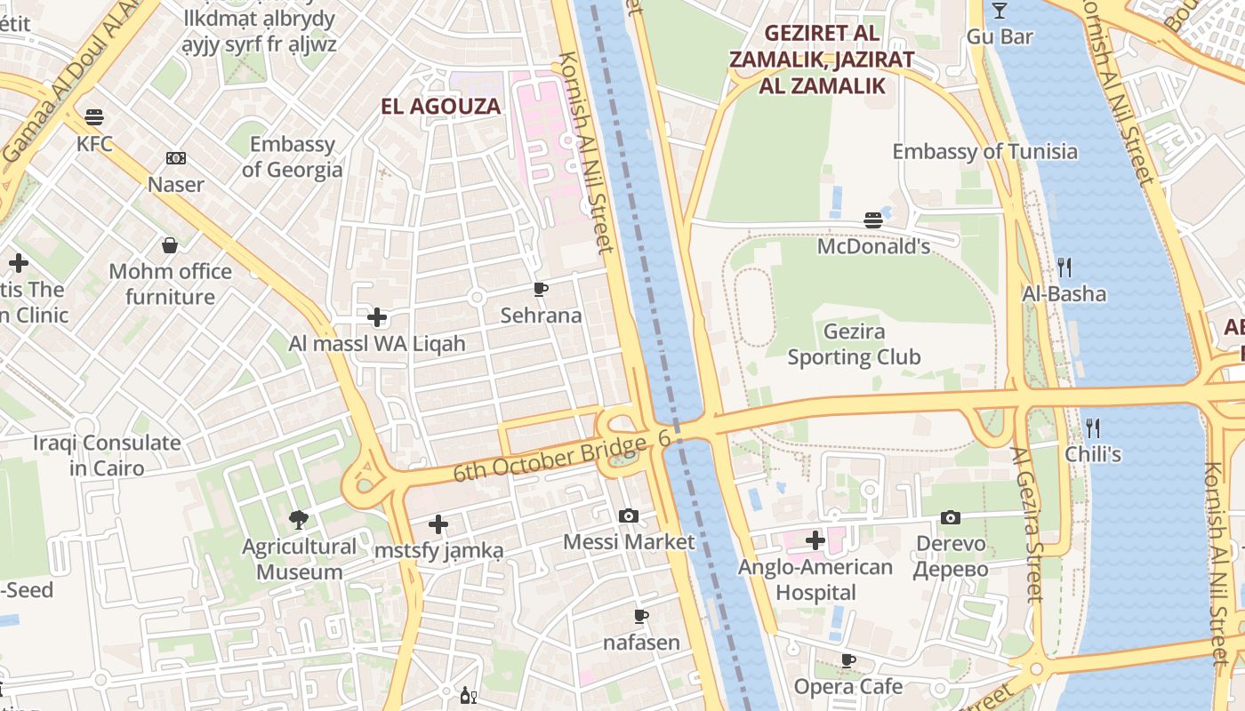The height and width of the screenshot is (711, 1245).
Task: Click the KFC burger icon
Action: [94, 117]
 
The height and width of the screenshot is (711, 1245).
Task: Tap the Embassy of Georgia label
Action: [292, 156]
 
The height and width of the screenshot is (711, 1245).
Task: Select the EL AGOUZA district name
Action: [441, 107]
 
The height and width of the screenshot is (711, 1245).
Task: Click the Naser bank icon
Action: [176, 159]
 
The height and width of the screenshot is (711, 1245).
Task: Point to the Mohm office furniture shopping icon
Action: [170, 245]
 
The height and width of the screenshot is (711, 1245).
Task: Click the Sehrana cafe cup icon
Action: [540, 289]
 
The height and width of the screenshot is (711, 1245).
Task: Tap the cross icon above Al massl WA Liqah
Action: [377, 317]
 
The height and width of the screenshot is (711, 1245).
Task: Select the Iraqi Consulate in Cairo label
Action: [107, 455]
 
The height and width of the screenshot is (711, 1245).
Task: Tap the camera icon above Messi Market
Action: [629, 515]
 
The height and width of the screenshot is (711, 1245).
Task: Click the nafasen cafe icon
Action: [641, 616]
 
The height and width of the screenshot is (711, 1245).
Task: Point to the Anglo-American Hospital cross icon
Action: [815, 540]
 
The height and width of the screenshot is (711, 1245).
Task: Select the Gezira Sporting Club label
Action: [854, 345]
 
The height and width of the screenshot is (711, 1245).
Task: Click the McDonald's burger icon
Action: [873, 220]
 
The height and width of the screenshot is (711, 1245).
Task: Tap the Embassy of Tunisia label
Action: [984, 151]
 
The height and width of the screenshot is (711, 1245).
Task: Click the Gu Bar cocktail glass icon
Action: [1000, 11]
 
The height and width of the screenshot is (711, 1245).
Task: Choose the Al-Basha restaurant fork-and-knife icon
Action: [1064, 267]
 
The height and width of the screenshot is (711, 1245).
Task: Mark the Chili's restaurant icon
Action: [1093, 427]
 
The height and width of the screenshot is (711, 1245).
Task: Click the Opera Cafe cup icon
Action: [848, 660]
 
